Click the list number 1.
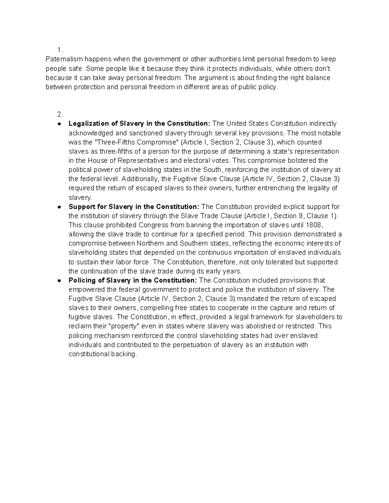click(59, 50)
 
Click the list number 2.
click(59, 114)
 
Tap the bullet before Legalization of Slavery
click(59, 124)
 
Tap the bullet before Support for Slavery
click(59, 207)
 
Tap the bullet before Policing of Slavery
click(59, 280)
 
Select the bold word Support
click(80, 207)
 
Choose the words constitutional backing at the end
click(102, 354)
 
